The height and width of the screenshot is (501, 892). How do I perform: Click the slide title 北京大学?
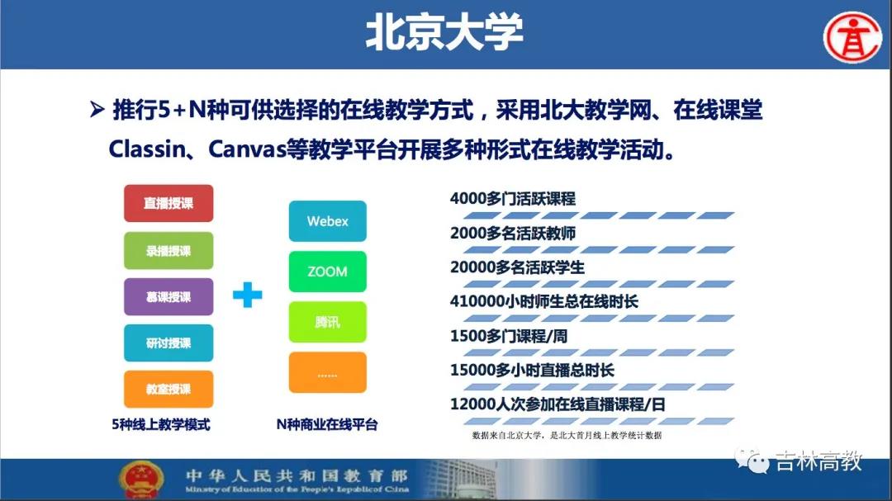click(444, 32)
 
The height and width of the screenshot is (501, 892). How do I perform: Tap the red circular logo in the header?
click(852, 37)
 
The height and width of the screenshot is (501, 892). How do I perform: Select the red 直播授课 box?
click(168, 203)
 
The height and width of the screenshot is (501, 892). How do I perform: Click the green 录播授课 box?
click(168, 250)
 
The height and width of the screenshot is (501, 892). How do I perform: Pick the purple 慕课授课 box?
click(168, 296)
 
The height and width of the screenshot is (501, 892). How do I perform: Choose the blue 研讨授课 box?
click(168, 343)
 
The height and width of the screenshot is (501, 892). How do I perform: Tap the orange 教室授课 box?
click(168, 389)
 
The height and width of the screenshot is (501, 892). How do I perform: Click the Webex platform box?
click(328, 221)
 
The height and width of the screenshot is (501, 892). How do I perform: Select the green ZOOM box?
click(328, 272)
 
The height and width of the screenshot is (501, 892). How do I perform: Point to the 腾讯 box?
click(328, 322)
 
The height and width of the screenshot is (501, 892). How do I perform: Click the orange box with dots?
click(328, 372)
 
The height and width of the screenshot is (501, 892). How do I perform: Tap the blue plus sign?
click(248, 295)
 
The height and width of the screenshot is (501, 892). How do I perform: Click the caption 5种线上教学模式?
click(161, 424)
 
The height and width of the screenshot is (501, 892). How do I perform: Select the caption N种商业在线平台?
click(327, 424)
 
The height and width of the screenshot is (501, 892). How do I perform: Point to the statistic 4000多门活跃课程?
click(513, 198)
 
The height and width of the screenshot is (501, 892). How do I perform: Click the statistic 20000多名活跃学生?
click(517, 267)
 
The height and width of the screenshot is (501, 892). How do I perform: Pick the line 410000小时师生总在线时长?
click(543, 301)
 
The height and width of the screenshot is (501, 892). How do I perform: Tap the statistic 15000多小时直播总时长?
click(532, 371)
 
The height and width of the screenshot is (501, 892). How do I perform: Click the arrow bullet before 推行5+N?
click(97, 109)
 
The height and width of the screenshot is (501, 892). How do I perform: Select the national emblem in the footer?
click(141, 480)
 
